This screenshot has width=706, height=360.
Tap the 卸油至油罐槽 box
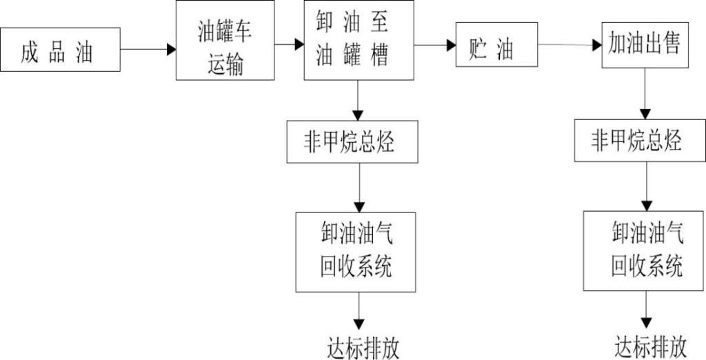point(359,41)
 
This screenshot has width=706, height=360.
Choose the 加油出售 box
point(645,46)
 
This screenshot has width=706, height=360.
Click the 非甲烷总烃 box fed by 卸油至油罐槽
point(352,142)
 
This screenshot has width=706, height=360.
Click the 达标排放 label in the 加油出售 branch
point(651,344)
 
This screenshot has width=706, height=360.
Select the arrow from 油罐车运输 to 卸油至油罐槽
point(289,45)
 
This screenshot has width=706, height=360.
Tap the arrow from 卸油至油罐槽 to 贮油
point(435,46)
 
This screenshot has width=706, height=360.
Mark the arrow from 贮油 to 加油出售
point(569,46)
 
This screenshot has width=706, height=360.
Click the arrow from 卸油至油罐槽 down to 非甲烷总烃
point(358,101)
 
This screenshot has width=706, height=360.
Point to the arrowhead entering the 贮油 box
point(451,46)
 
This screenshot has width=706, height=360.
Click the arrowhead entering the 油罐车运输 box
point(171,50)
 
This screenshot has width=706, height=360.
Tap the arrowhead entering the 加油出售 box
point(596,46)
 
